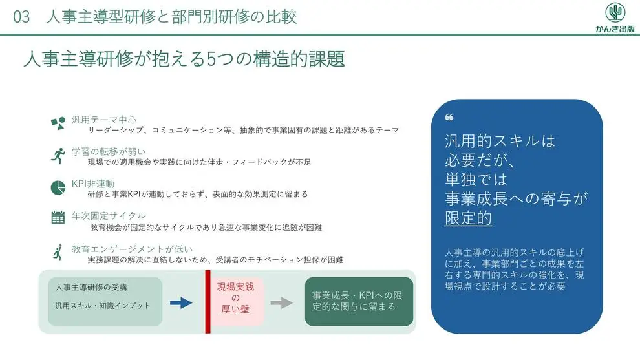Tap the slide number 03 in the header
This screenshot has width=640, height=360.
click(x=21, y=17)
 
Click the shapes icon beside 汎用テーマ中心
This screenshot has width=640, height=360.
click(x=58, y=123)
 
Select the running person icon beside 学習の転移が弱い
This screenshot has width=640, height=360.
click(x=58, y=156)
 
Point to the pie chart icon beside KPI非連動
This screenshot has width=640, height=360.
click(x=58, y=187)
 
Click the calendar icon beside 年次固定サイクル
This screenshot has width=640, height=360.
click(x=58, y=217)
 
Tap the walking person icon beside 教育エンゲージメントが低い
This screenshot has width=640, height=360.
click(x=58, y=252)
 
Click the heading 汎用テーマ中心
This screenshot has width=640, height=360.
click(x=104, y=120)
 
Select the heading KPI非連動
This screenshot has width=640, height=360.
click(x=93, y=184)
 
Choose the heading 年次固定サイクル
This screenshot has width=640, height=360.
click(x=109, y=215)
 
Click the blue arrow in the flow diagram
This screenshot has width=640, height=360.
click(x=181, y=303)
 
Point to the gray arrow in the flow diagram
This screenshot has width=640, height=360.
click(x=282, y=303)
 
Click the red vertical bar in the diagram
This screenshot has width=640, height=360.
click(x=208, y=301)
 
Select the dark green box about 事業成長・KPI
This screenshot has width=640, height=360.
click(x=359, y=301)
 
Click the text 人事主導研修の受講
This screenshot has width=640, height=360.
click(x=91, y=288)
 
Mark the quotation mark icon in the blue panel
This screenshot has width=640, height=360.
click(x=449, y=117)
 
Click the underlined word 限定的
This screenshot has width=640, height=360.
click(x=468, y=218)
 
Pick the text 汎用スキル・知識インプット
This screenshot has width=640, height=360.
click(x=102, y=306)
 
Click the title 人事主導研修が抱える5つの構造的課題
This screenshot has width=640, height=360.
click(x=184, y=59)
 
